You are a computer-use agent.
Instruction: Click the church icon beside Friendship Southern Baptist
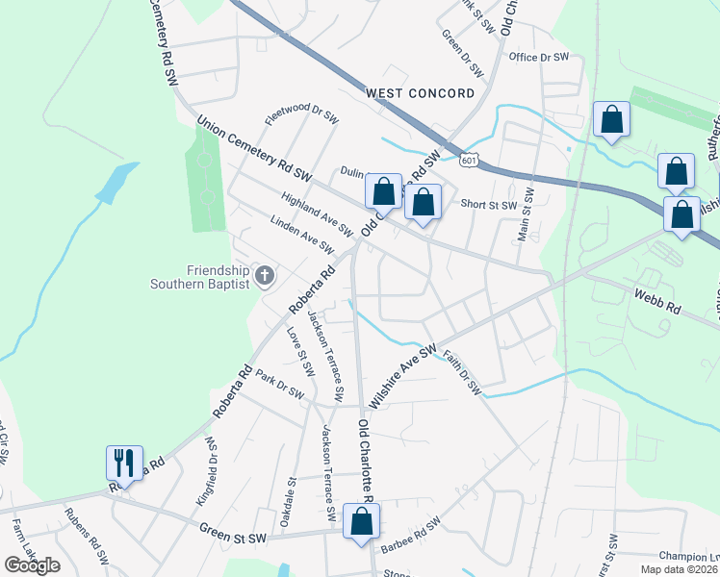tap(266, 276)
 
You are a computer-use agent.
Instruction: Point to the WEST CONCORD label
tap(421, 93)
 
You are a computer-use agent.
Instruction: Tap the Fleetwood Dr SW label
tap(301, 116)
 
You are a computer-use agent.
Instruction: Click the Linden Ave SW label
tap(302, 235)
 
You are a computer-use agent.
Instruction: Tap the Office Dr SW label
tap(540, 58)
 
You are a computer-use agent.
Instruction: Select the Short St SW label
tap(489, 204)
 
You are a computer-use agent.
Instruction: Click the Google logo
tap(32, 564)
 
